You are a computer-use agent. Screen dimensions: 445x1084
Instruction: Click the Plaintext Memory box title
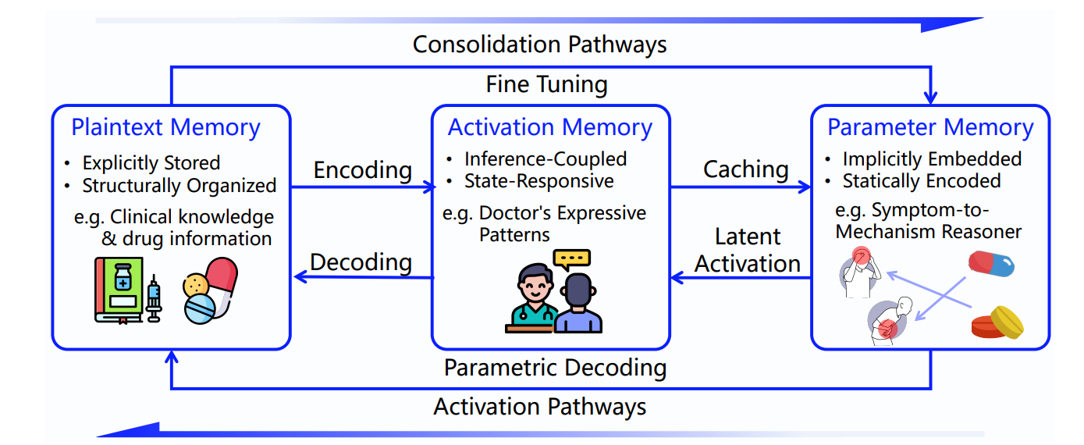[x=165, y=127]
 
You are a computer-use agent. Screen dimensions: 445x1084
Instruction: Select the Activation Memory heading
[x=549, y=127]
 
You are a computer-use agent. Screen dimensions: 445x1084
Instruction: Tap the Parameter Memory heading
[x=930, y=127]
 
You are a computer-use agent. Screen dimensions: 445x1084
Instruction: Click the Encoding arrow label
[x=363, y=169]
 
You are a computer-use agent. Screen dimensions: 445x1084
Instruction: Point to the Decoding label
[x=361, y=262]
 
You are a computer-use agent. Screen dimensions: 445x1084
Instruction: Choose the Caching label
[x=745, y=169]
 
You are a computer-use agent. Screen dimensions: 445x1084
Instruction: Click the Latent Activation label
[x=748, y=250]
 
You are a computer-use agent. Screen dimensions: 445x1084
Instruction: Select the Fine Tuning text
[x=546, y=84]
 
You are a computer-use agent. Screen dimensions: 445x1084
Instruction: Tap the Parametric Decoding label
[x=555, y=367]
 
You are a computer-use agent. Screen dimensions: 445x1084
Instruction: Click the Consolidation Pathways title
[x=539, y=44]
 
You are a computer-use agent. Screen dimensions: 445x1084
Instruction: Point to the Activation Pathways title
[x=539, y=406]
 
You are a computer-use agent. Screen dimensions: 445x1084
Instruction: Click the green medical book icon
[x=118, y=289]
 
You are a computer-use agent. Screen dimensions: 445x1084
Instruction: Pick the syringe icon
[x=154, y=297]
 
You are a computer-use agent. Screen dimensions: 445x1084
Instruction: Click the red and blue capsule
[x=991, y=263]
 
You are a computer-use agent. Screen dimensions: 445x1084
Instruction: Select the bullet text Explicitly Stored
[x=151, y=163]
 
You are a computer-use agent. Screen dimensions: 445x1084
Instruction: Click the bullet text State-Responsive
[x=538, y=181]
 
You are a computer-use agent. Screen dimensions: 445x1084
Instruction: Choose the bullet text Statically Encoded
[x=921, y=181]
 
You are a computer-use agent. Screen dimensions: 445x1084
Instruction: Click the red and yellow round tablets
[x=997, y=322]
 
